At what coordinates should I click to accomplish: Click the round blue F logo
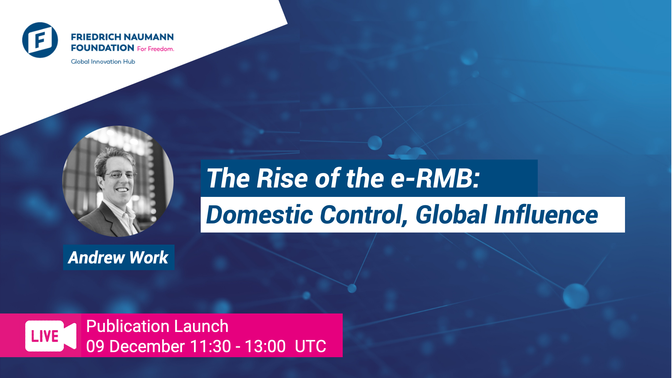40,40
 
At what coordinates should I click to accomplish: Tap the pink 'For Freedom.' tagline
155,49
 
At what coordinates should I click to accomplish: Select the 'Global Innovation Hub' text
103,62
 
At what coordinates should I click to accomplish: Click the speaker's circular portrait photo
118,181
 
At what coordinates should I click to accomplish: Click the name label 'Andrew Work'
118,258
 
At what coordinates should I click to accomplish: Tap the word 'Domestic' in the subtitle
259,215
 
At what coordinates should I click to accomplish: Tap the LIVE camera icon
50,336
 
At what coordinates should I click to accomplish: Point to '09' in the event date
95,346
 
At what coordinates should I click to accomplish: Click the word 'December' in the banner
147,346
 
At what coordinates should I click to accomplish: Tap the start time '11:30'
210,346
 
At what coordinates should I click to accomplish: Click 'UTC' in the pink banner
310,346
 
